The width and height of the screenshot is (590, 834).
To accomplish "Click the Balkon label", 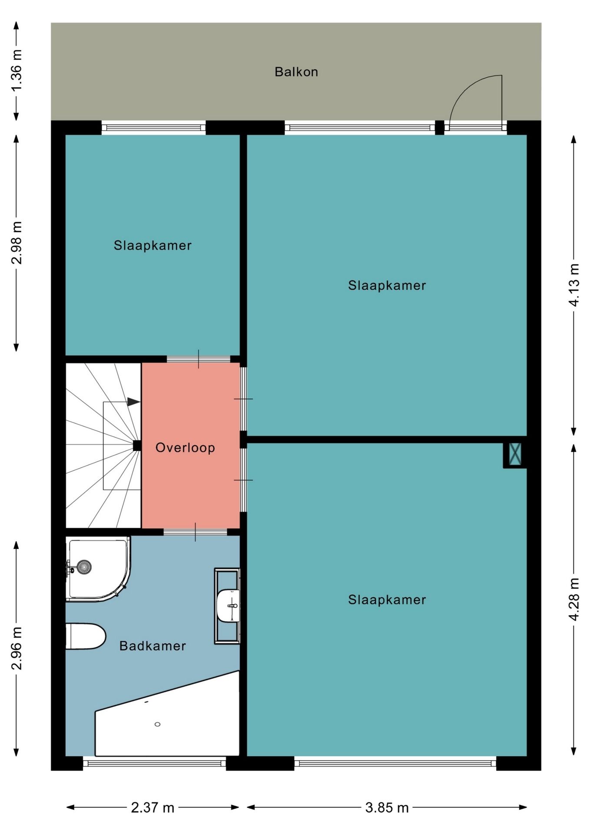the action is pos(296,72).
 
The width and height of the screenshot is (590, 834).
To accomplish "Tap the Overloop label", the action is pos(186,448).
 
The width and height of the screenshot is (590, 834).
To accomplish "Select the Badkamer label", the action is pos(152,646).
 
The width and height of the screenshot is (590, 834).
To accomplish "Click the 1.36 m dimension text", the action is pos(17,70).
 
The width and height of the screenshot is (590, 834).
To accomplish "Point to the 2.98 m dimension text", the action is pos(17,243).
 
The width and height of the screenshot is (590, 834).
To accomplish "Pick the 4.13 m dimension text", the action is pos(574,285).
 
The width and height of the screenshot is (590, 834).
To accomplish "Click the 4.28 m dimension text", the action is pos(574,599).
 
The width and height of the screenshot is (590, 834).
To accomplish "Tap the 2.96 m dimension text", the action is pos(17,649).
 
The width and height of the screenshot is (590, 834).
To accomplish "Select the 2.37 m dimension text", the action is pos(152,808).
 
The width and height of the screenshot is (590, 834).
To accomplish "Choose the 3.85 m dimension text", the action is pos(387,808).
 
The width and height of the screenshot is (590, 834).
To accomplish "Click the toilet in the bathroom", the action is pos(86,636).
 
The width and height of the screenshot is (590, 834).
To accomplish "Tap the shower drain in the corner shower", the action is pos(84,566).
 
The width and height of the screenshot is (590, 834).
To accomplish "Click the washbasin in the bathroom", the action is pos(228,606).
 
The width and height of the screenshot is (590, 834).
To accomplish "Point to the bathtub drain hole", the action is pos(157,724).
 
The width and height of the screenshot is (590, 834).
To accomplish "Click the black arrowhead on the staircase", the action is pos(133,402).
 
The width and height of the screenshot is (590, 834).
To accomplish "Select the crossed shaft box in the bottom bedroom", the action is pos(515,454).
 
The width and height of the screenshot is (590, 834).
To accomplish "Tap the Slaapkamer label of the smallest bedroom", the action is pos(152,245).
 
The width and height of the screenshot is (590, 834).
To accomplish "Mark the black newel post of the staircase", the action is pos(137,445).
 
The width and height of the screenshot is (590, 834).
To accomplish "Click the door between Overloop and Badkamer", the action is pos(196,532).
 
